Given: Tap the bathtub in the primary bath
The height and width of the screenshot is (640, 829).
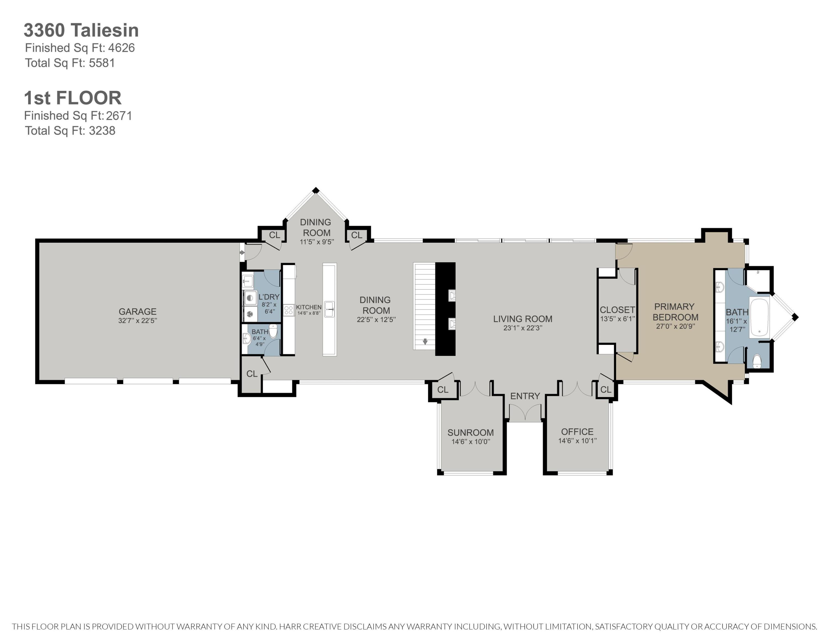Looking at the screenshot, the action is pyautogui.click(x=759, y=317).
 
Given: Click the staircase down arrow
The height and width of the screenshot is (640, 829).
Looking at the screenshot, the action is pyautogui.click(x=425, y=342).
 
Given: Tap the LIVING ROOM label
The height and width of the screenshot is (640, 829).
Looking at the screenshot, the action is pyautogui.click(x=523, y=319).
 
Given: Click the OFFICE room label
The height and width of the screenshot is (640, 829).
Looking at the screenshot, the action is pyautogui.click(x=577, y=432).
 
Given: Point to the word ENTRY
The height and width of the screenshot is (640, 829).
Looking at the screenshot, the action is pyautogui.click(x=525, y=396).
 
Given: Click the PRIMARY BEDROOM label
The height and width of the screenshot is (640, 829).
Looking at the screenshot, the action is pyautogui.click(x=675, y=312).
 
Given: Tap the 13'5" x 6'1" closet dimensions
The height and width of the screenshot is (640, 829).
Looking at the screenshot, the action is pyautogui.click(x=618, y=319).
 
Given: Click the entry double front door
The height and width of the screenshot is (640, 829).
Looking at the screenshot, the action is pyautogui.click(x=525, y=413).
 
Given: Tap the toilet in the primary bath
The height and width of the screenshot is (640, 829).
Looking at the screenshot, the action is pyautogui.click(x=757, y=361).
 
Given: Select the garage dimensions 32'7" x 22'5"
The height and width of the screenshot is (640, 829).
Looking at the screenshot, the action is pyautogui.click(x=137, y=320).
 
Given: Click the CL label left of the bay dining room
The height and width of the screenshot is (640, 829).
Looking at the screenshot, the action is pyautogui.click(x=274, y=235).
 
